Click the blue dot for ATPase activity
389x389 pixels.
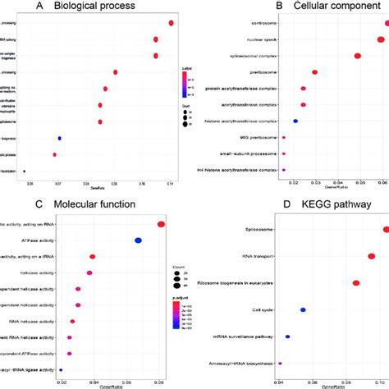tap(139, 240)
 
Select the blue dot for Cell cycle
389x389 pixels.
tap(303, 310)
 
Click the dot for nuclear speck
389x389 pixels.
tap(382, 39)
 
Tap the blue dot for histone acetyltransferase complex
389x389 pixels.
tap(295, 121)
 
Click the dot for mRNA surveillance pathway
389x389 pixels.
tap(287, 336)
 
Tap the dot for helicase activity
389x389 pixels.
tap(89, 272)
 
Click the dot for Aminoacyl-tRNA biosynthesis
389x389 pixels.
tap(280, 362)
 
